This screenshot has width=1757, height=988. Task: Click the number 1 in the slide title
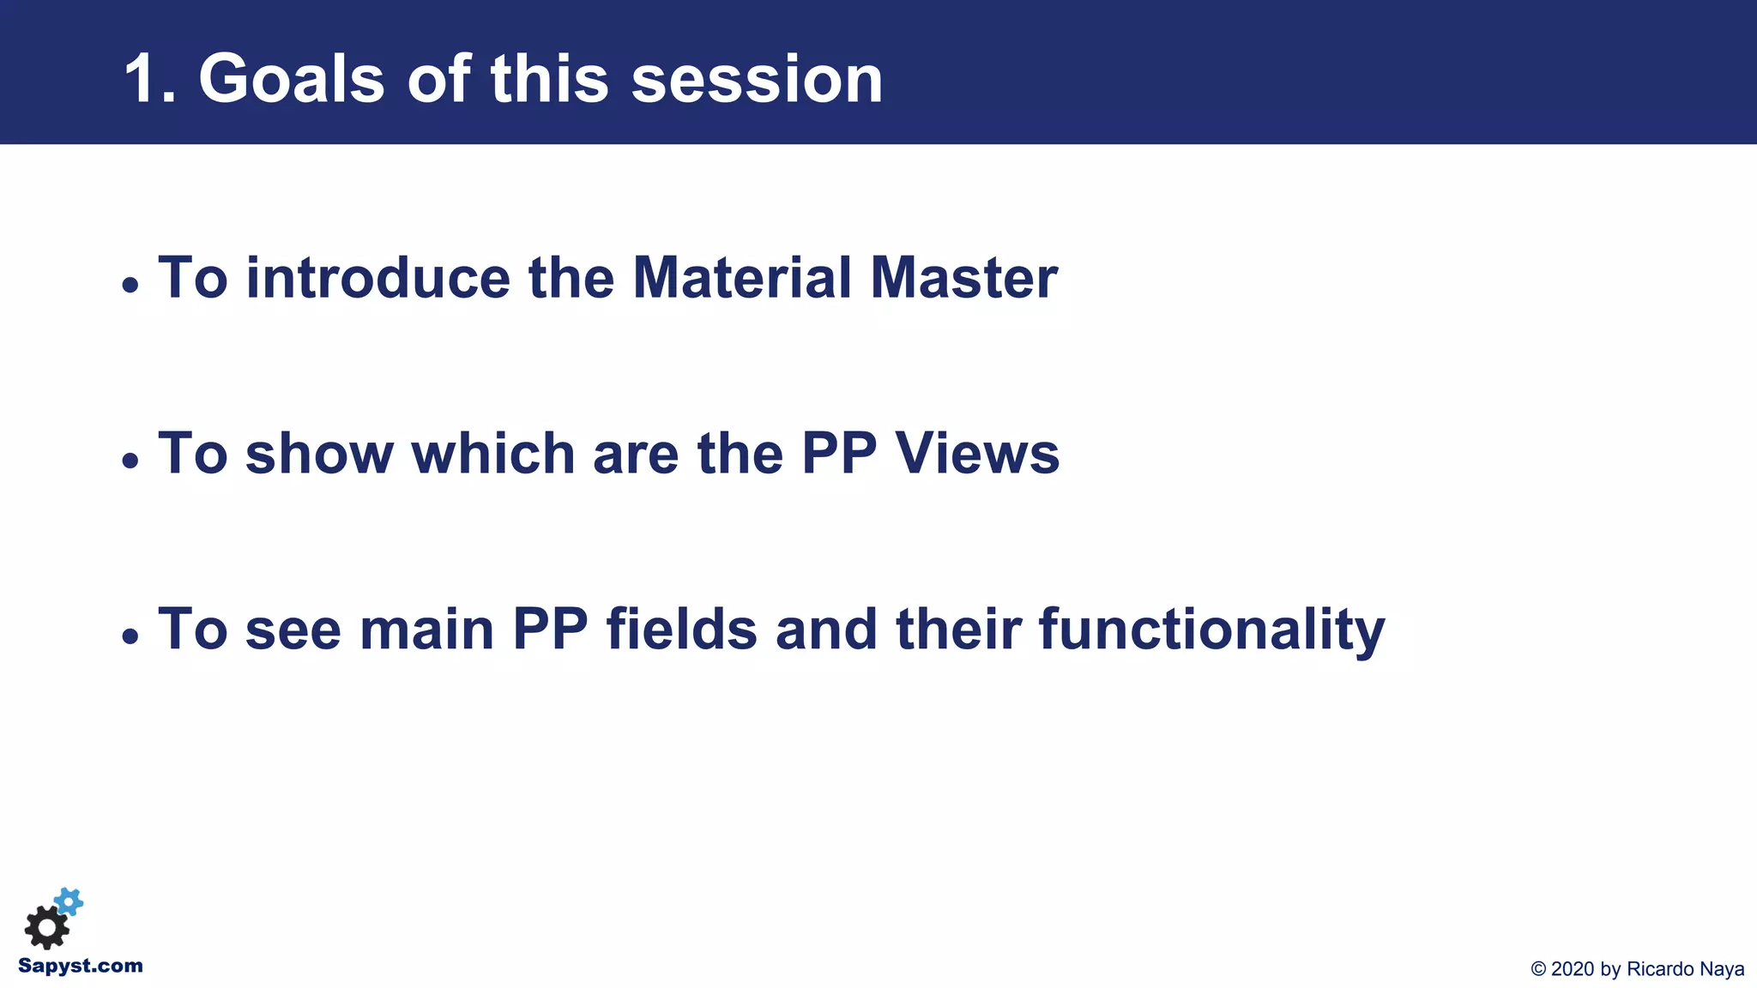point(142,80)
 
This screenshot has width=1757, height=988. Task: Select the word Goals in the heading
point(292,80)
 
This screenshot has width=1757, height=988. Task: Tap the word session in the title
point(757,80)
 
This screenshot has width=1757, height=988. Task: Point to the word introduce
point(378,278)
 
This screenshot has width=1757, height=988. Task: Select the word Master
point(963,278)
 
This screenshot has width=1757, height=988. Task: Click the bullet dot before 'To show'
point(130,461)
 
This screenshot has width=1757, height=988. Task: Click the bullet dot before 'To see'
point(130,636)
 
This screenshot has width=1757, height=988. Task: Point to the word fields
point(682,630)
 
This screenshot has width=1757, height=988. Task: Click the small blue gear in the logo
point(69,901)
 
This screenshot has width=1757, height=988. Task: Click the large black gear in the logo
point(46,928)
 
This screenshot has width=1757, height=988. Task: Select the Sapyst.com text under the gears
point(81,967)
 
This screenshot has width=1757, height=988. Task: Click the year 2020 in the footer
point(1573,969)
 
